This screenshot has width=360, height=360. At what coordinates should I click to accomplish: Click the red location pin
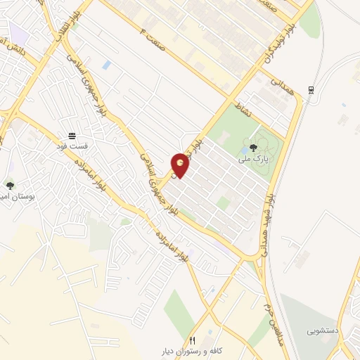181,165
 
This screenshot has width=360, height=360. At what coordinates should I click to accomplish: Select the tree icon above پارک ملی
253,148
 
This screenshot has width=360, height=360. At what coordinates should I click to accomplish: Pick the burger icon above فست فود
72,136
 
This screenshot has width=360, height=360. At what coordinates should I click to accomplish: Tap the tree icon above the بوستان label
10,186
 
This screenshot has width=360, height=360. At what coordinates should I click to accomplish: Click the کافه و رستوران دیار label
191,349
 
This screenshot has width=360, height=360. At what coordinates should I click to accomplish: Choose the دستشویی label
323,329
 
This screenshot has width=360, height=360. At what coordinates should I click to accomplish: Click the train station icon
311,90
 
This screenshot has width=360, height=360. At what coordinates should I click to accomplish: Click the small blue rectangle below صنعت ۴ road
106,65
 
